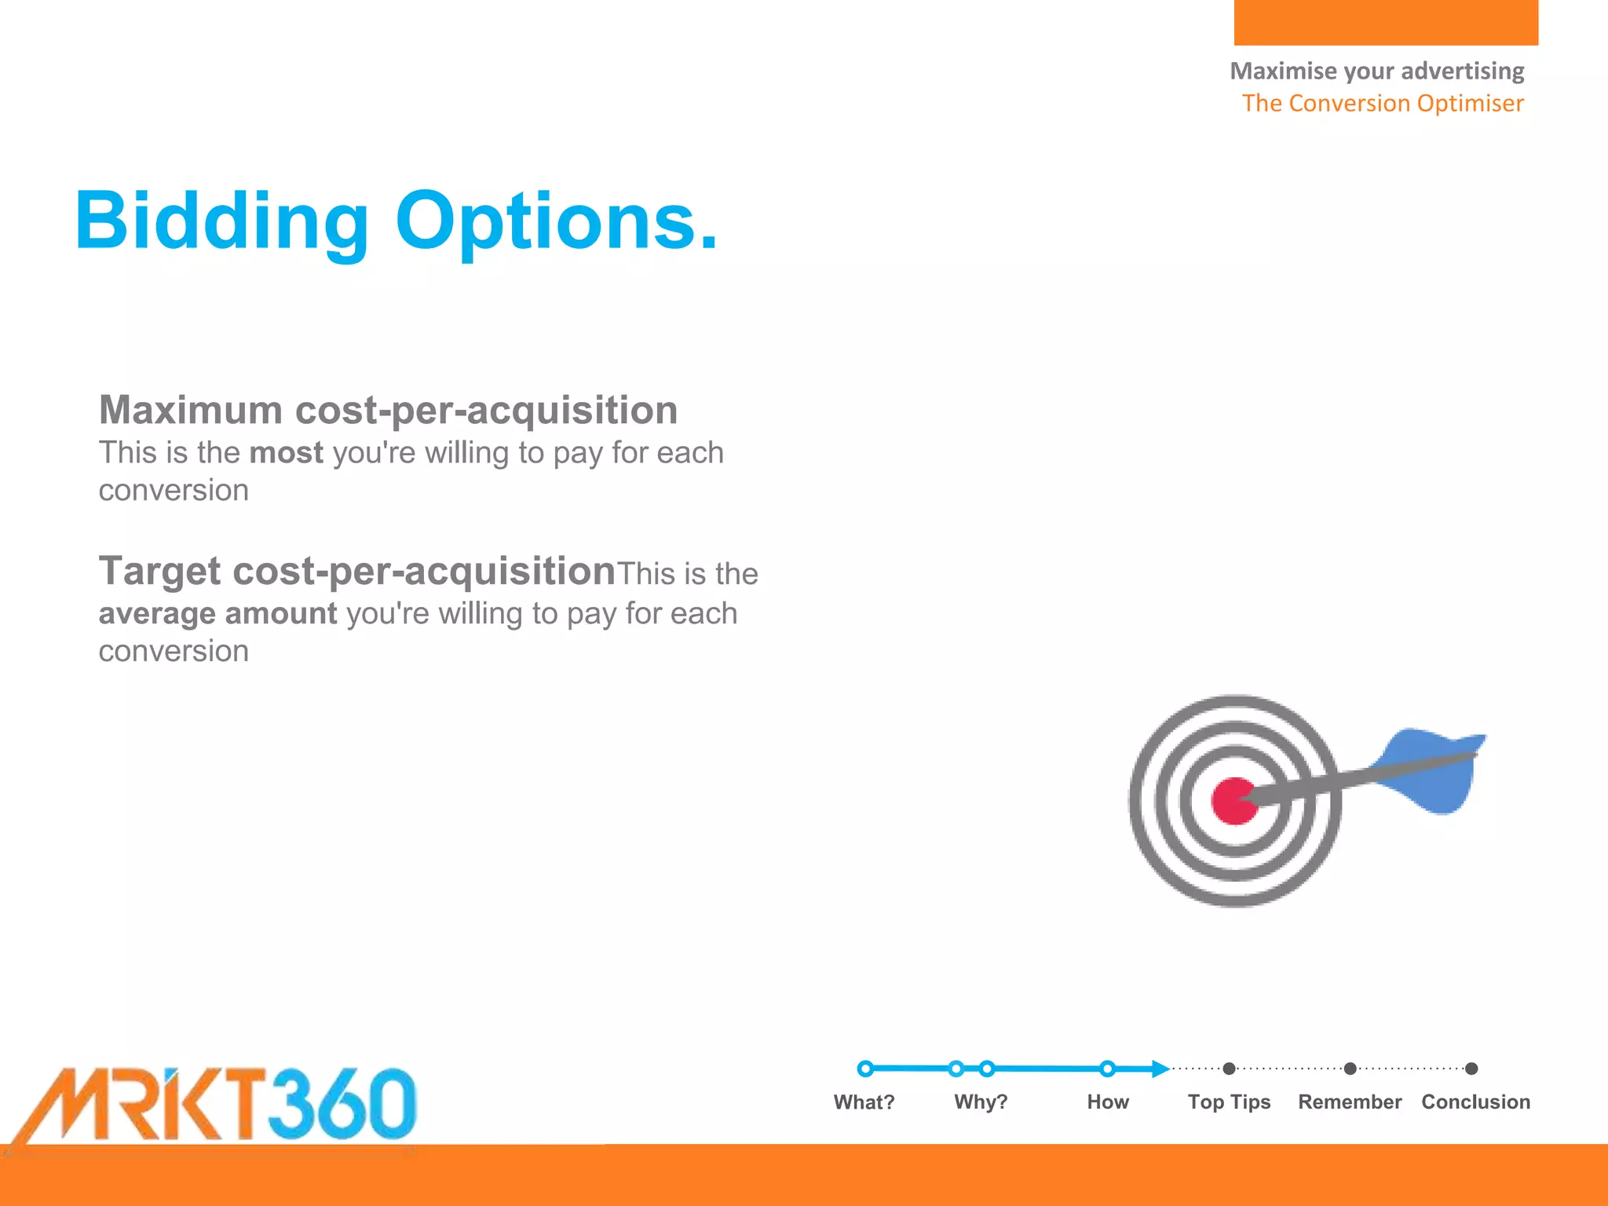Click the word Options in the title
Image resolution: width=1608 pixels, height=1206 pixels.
556,222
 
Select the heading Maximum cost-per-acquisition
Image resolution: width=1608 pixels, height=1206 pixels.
388,411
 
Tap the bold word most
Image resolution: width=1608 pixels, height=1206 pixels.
286,453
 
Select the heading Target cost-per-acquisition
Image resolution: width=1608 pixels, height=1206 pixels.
356,571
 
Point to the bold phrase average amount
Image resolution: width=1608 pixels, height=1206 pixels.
217,613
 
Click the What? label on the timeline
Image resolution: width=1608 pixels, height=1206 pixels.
864,1102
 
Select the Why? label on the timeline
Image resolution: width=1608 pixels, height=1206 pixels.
981,1102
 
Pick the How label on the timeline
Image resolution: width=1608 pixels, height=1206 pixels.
1107,1102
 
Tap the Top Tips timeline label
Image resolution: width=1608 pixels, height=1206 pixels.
1229,1102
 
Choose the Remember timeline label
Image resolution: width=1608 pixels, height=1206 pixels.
1350,1102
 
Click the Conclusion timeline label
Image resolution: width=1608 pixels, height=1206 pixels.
1475,1102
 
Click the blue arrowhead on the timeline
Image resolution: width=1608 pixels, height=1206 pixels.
1160,1069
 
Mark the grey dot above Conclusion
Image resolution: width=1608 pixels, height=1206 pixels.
1472,1069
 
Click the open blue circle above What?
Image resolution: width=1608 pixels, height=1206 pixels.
865,1069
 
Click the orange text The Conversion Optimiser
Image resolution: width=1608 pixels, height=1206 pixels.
1382,103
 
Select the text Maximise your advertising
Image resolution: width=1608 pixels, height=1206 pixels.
1376,71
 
